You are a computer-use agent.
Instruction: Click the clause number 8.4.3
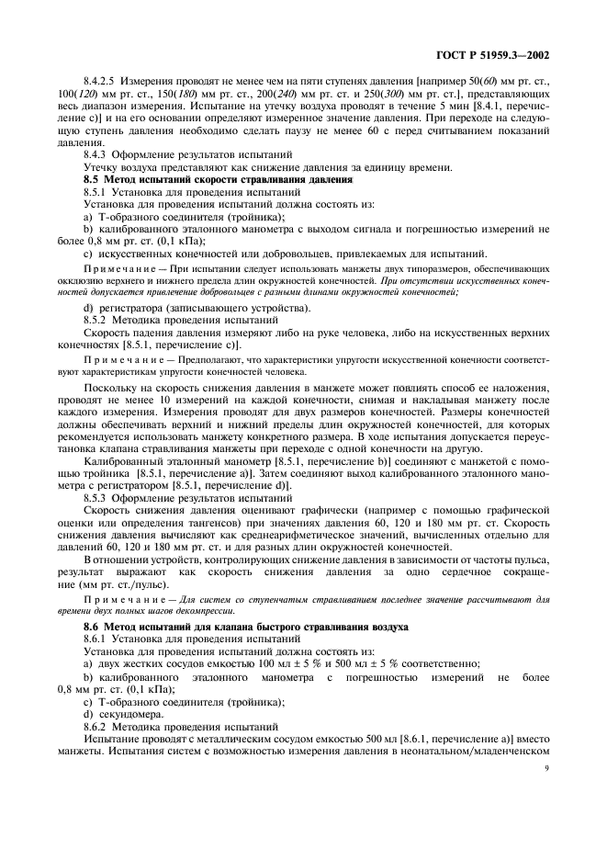(x=95, y=155)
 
